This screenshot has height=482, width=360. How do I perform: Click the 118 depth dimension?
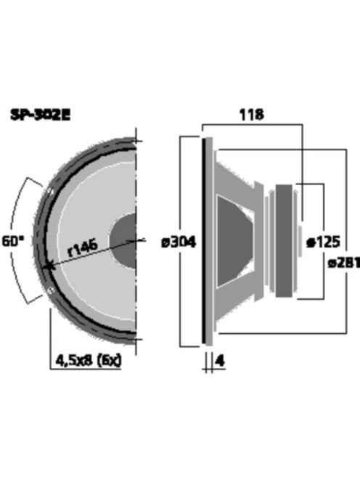(x=251, y=114)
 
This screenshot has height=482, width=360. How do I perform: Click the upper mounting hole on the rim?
(x=49, y=191)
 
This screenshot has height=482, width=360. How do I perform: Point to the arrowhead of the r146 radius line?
(x=48, y=267)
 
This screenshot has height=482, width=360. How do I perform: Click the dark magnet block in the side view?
(x=283, y=240)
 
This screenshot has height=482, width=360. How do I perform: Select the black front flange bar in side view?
(x=206, y=240)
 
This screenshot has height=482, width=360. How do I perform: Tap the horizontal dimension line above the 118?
(x=251, y=124)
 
